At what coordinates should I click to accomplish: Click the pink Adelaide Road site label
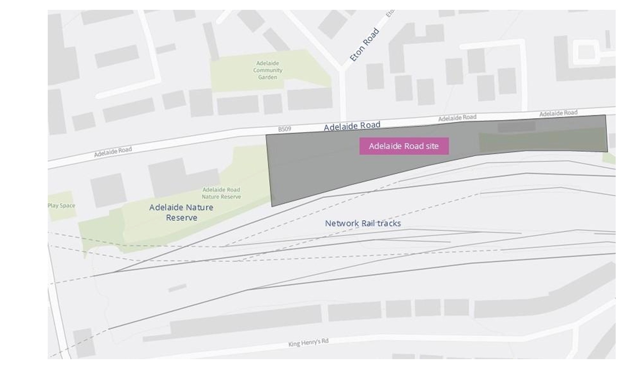point(404,146)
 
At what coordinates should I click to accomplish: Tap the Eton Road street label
point(364,45)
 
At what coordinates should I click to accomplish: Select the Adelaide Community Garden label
point(268,70)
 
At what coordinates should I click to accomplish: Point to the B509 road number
point(284,129)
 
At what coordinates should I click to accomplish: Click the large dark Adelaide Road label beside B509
point(352,126)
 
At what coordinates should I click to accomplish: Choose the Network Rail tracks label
point(363,223)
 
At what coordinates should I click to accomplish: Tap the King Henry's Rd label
point(308,342)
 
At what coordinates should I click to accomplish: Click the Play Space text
point(61,205)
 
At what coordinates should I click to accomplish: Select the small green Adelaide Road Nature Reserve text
point(221,193)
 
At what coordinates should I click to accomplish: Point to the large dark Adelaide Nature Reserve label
point(181,212)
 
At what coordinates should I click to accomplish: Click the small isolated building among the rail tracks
point(177,288)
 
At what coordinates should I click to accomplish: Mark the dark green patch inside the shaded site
point(542,141)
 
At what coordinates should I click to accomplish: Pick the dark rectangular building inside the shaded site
point(516,127)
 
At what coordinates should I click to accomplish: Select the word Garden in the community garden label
point(268,77)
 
